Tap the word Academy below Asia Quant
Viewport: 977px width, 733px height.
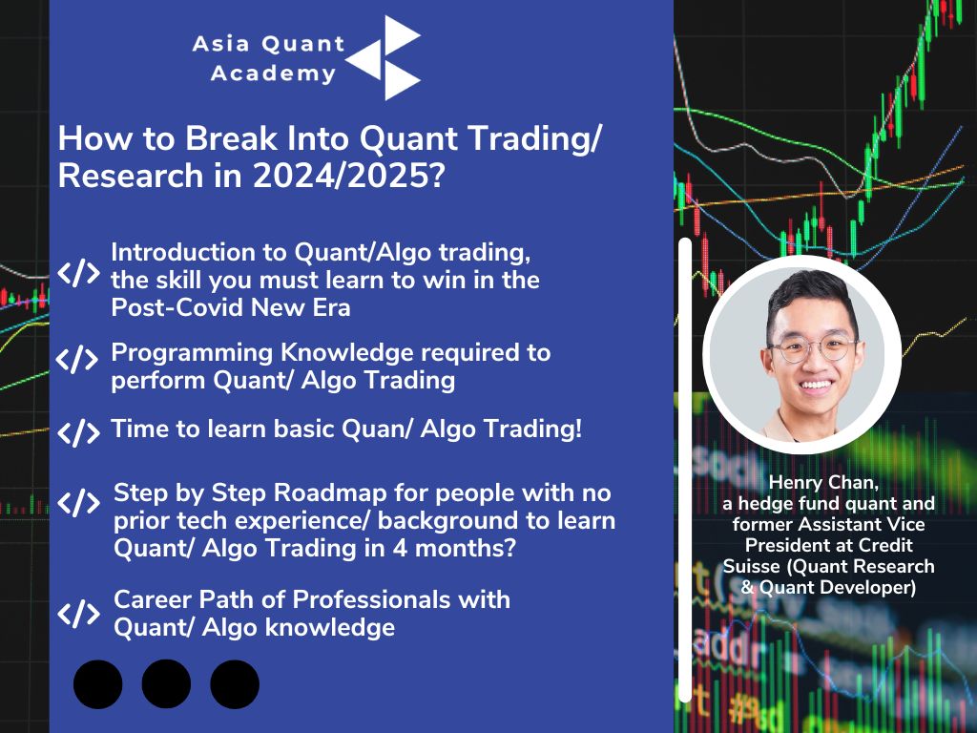274,73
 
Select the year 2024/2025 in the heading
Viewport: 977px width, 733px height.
341,176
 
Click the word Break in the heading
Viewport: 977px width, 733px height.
231,137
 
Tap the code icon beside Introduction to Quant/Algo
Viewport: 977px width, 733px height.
79,273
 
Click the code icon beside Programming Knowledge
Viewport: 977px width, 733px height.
77,360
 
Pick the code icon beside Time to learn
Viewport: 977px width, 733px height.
78,432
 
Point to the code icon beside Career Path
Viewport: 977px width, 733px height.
79,614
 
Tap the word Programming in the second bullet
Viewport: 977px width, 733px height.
192,354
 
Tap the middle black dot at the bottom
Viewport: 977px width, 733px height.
166,684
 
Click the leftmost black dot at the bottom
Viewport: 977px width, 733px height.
98,684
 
